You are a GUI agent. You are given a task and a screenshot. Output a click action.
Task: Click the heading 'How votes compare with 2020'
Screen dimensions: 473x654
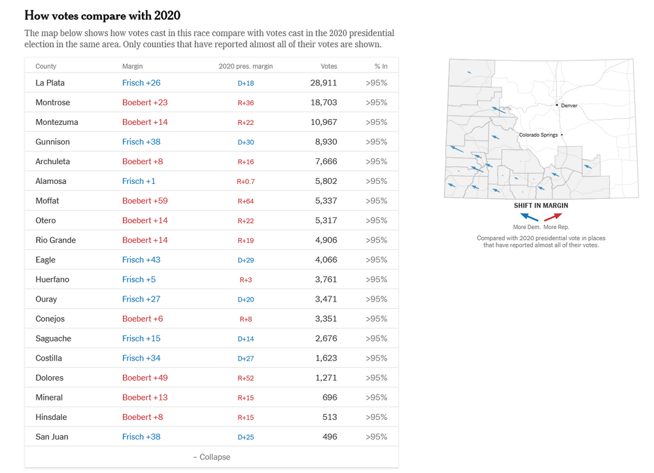point(102,15)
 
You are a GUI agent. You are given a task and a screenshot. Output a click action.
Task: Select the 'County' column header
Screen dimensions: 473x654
point(46,66)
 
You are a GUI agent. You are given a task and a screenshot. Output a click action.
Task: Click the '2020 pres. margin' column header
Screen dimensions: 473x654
point(246,66)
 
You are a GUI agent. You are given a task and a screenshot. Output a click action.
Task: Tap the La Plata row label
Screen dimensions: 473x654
point(50,83)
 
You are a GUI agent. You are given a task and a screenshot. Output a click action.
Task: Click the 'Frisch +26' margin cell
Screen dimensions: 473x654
point(141,83)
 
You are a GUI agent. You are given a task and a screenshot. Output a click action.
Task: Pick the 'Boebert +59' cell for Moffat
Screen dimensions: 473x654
point(145,201)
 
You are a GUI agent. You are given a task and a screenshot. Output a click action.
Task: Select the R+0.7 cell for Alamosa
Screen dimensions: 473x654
point(246,181)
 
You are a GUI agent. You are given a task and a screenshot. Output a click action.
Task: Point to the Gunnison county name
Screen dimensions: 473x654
point(52,142)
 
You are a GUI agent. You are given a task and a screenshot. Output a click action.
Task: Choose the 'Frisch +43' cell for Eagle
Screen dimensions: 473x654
point(141,260)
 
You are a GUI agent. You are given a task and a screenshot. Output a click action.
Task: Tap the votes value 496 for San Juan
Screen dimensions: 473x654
point(330,436)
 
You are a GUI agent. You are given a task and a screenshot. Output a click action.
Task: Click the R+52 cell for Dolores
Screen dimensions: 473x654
point(246,377)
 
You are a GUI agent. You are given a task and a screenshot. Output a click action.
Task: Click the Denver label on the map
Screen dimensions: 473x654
point(569,105)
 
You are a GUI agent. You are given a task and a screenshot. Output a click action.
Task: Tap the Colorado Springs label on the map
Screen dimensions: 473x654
point(538,135)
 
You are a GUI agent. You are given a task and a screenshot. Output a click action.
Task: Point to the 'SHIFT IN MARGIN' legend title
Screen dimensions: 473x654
point(541,205)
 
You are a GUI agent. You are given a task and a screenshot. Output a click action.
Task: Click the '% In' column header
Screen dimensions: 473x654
point(381,66)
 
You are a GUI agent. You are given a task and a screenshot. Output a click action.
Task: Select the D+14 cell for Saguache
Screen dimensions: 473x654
point(246,338)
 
